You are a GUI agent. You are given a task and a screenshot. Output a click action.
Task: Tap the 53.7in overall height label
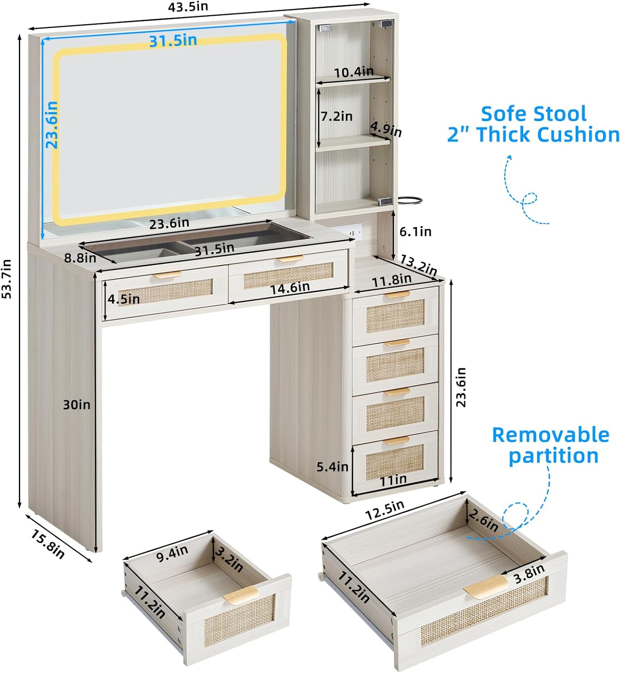[x=8, y=279]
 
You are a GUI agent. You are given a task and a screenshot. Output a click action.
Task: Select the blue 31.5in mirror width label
[x=173, y=40]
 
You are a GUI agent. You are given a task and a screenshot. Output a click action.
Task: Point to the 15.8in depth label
[x=48, y=543]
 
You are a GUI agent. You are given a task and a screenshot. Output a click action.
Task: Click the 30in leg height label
[x=76, y=405]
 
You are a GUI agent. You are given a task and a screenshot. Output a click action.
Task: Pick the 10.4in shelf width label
[x=353, y=72]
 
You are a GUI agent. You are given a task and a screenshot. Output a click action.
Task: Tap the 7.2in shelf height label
[x=337, y=116]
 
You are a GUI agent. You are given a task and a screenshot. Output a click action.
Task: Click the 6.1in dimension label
[x=415, y=232]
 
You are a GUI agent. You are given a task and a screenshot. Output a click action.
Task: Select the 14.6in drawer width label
[x=289, y=288]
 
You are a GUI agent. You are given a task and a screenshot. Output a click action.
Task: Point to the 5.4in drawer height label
[x=332, y=467]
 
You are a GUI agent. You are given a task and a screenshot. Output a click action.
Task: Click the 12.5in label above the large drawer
[x=384, y=510]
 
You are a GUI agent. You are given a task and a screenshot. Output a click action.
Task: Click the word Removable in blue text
[x=551, y=435]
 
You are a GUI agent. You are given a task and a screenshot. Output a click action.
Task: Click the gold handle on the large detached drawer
[x=485, y=587]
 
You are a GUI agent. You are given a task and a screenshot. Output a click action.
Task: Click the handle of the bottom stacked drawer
[x=396, y=440]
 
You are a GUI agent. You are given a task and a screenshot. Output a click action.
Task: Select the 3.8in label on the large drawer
[x=529, y=574]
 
